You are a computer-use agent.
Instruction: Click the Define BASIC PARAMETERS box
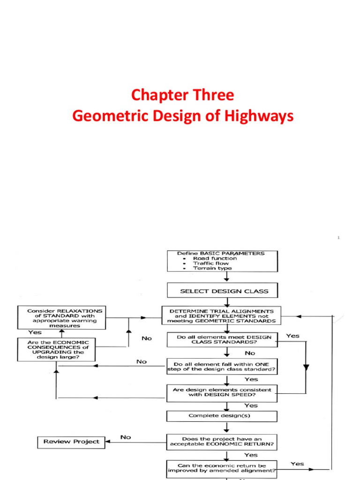click(x=222, y=261)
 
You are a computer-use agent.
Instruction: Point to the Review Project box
click(x=71, y=442)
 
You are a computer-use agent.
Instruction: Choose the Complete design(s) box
click(x=222, y=416)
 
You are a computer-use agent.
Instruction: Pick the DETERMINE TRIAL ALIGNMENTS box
click(x=222, y=315)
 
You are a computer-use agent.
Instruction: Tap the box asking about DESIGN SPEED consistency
click(x=222, y=393)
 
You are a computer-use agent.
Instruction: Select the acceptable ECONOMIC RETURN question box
click(x=222, y=442)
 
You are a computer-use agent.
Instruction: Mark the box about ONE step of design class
click(x=222, y=366)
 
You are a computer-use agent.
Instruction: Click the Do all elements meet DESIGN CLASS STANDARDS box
click(x=222, y=339)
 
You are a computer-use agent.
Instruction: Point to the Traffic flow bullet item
click(x=211, y=263)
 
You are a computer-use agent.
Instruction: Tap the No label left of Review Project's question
click(x=126, y=437)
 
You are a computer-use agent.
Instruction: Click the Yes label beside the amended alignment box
click(x=297, y=464)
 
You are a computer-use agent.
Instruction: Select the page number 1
click(x=338, y=238)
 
